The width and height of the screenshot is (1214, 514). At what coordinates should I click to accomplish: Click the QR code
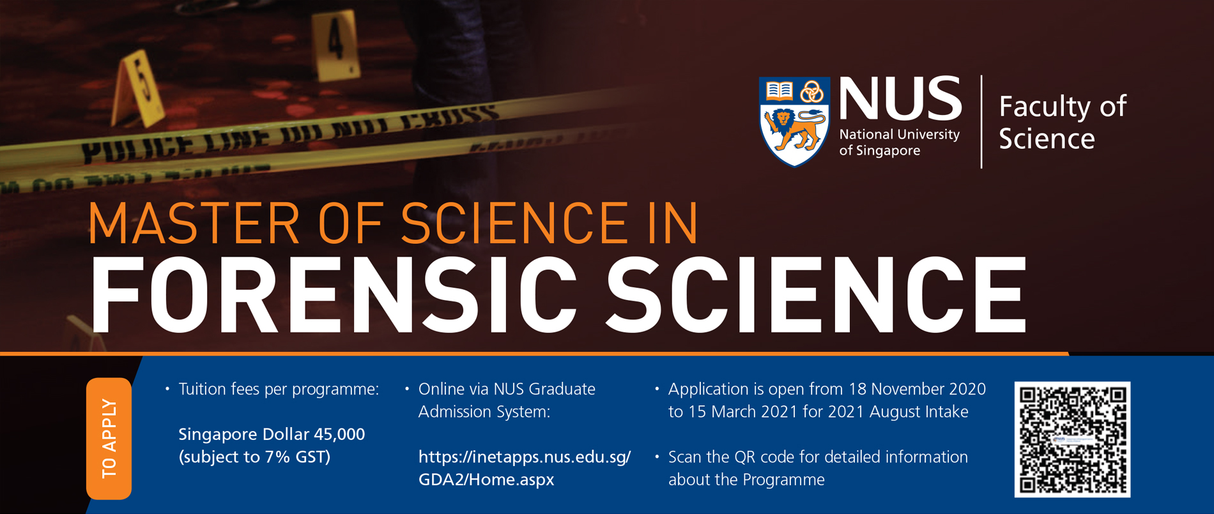point(1072,439)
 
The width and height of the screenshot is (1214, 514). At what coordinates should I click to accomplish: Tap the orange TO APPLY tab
point(109,438)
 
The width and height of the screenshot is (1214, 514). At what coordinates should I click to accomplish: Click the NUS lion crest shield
point(794,121)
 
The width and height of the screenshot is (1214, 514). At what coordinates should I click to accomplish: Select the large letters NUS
point(900,100)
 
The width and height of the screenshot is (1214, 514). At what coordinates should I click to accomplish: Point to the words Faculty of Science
point(1061,122)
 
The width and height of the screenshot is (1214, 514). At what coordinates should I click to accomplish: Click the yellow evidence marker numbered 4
point(334,45)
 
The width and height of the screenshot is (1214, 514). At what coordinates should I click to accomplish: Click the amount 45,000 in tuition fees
point(339,434)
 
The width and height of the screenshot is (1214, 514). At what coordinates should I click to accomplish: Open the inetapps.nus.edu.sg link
point(524,457)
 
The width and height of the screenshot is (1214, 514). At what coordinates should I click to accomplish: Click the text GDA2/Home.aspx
point(486,480)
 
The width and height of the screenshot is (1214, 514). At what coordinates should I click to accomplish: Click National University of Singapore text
point(898,142)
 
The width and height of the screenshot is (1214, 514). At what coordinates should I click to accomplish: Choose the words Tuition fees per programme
point(279,389)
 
